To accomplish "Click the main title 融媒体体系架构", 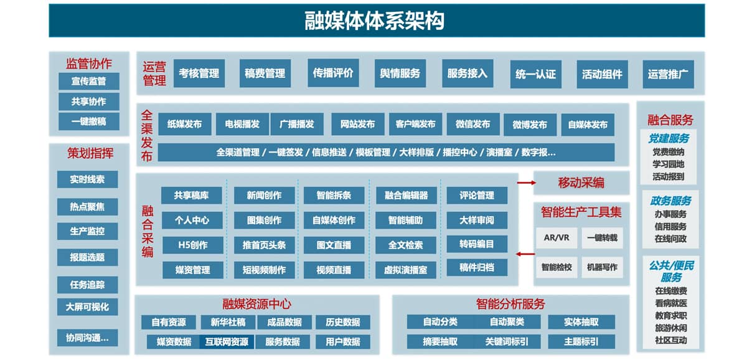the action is tap(374, 21).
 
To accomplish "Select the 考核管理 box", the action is tap(199, 73).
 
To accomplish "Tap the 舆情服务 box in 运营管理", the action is tap(400, 73).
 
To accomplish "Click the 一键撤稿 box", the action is tap(88, 121).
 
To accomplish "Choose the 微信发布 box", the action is tap(473, 124).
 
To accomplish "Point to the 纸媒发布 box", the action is tap(185, 124).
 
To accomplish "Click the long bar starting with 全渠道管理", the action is tap(386, 153).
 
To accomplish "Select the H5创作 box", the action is tap(193, 245).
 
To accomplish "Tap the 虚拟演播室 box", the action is tap(405, 270).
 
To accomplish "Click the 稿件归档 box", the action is tap(477, 267).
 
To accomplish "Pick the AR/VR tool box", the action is tap(557, 238).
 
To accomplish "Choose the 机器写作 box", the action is tap(603, 267).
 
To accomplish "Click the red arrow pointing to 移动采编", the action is tap(526, 182).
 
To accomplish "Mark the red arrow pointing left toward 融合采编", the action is tap(525, 254).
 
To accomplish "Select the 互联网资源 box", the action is tap(227, 342).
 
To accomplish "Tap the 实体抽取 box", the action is tap(581, 322).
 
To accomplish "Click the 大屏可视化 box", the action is tap(87, 307).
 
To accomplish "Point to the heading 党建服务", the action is tap(669, 138).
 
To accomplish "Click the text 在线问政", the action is tap(670, 239).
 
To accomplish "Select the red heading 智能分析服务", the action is tap(510, 304).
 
